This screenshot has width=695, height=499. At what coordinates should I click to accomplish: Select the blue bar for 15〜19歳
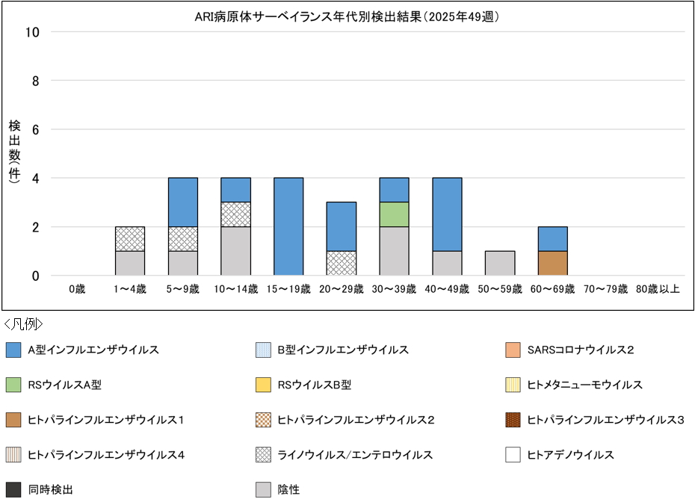tap(288, 226)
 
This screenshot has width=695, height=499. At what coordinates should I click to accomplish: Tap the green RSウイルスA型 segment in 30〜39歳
tap(394, 214)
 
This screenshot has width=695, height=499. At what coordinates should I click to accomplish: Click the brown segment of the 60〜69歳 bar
tap(552, 263)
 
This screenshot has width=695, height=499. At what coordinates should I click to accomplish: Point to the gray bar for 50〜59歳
tap(499, 263)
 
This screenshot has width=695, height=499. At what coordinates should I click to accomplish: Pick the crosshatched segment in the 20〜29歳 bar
tap(341, 263)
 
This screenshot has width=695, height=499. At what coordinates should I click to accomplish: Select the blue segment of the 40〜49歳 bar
tap(447, 214)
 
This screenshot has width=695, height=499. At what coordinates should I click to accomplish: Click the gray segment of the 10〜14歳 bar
tap(235, 251)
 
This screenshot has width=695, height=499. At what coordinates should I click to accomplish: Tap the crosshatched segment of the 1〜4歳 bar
tap(130, 239)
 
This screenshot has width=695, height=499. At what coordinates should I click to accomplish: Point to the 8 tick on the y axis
tap(34, 81)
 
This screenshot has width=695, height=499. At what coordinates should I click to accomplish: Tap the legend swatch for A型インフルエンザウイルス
tap(13, 350)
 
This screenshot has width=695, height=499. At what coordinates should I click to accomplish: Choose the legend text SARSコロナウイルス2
tap(580, 350)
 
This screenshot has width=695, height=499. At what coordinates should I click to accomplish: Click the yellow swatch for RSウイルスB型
tap(263, 385)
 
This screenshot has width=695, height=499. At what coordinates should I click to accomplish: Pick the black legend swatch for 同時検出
tap(13, 490)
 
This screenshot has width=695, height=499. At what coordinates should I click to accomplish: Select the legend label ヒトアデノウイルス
tap(570, 455)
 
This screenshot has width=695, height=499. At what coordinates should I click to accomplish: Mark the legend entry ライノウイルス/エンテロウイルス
tap(355, 455)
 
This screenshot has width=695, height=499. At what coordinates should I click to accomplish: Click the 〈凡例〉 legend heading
tap(23, 324)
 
